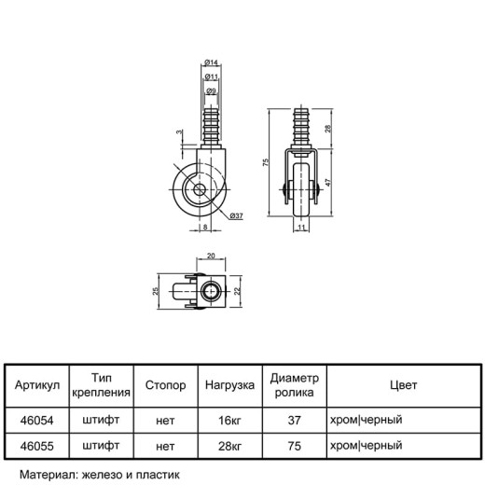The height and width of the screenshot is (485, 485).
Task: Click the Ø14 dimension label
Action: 211,62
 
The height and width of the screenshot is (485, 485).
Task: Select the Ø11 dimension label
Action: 211,76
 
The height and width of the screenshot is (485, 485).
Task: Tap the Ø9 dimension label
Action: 211,91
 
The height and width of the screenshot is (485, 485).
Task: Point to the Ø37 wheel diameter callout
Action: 236,215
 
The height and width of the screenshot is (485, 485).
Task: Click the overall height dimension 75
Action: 266,162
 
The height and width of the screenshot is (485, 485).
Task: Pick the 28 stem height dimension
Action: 328,129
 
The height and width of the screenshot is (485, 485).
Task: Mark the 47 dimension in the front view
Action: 328,182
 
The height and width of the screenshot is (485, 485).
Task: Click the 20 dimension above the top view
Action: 211,256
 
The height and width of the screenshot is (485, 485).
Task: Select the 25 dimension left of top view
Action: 156,291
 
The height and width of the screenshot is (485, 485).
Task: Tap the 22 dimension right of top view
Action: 237,291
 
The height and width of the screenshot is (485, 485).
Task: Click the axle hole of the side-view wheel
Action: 199,189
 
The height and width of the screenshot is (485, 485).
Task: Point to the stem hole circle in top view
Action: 210,291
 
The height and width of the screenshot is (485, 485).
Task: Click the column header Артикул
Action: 37,385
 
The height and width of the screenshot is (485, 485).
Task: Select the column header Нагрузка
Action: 229,385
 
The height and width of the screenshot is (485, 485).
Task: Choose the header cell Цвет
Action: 404,385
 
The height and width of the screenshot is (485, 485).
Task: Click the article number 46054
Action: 37,421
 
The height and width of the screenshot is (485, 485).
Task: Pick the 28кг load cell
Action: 229,446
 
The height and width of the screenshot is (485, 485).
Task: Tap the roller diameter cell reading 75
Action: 294,446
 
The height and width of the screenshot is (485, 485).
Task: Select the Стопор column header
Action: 165,385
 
